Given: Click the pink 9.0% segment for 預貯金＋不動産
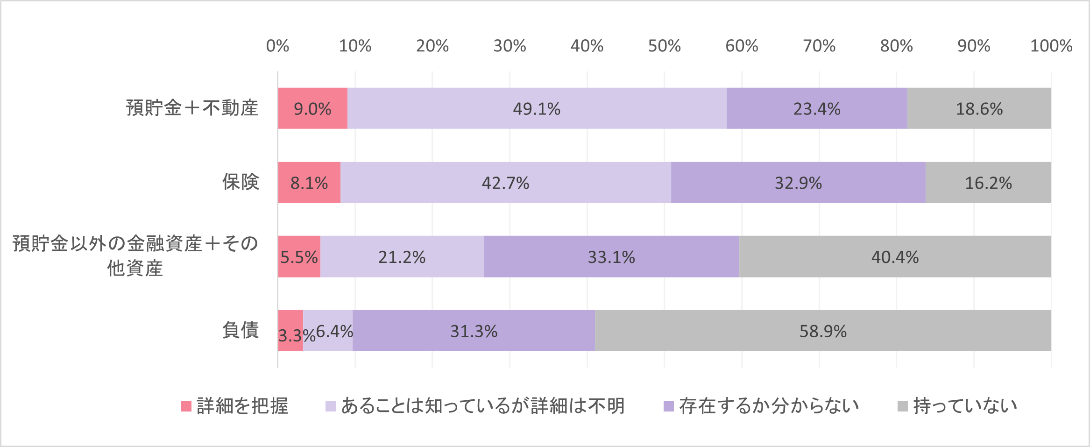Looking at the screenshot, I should pos(312,108).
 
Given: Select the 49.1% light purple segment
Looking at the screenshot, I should pos(537,108).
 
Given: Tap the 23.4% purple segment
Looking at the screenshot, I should pos(817,108).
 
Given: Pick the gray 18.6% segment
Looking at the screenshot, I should pos(979,108).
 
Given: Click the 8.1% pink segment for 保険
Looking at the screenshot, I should pos(309,183).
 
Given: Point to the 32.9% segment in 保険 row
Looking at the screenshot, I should pos(798,183).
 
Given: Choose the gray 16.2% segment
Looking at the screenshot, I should pos(988,183).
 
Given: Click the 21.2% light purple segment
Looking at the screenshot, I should pos(402,257).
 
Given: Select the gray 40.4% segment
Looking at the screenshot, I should pos(895,257).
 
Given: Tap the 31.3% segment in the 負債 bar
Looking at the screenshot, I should pos(474,331).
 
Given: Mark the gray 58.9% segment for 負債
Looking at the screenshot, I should pos(823,331).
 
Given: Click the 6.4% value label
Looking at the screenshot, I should pos(334,331).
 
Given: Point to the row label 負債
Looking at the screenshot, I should pos(241,330).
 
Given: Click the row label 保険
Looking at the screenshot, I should pos(241,182).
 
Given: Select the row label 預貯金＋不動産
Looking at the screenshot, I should pos(192,108).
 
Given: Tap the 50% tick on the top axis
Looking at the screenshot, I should pos(664,46).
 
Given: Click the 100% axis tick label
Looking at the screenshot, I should pos(1051,46).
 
